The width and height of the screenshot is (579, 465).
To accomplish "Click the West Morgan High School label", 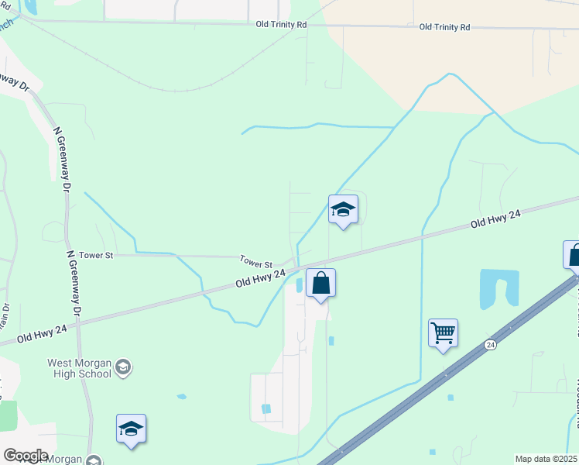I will tap(79, 368).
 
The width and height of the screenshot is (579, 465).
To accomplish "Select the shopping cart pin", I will tap(443, 333).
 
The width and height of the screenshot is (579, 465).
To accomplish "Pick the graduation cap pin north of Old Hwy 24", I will tap(343, 209).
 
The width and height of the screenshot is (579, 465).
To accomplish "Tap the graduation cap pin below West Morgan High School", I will tap(131, 429).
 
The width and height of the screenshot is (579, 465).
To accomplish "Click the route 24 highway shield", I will tap(490, 343).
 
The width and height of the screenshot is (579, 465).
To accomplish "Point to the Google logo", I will tap(26, 456).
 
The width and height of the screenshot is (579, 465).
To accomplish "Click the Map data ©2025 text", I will tap(545, 459).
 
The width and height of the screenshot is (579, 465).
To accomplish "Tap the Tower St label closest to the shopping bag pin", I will tap(256, 263).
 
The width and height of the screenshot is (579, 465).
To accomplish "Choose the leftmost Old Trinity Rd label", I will tap(282, 25).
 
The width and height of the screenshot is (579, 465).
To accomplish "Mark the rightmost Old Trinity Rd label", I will tap(444, 27).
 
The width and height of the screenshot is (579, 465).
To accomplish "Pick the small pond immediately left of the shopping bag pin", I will tap(300, 285).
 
